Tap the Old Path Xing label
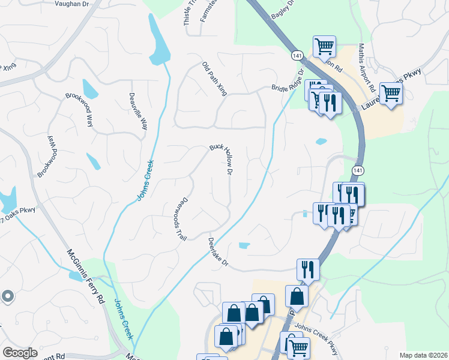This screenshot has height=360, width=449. pyautogui.click(x=214, y=79)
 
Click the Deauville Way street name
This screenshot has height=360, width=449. pyautogui.click(x=138, y=112)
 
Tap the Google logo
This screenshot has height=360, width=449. pyautogui.click(x=20, y=353)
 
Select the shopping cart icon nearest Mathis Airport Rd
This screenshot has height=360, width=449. pyautogui.click(x=391, y=93)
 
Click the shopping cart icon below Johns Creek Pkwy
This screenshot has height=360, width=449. pyautogui.click(x=298, y=346)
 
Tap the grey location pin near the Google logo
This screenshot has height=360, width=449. pyautogui.click(x=7, y=295)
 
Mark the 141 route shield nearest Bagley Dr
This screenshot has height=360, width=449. pyautogui.click(x=297, y=55)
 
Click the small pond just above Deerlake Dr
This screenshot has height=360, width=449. pyautogui.click(x=244, y=245)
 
